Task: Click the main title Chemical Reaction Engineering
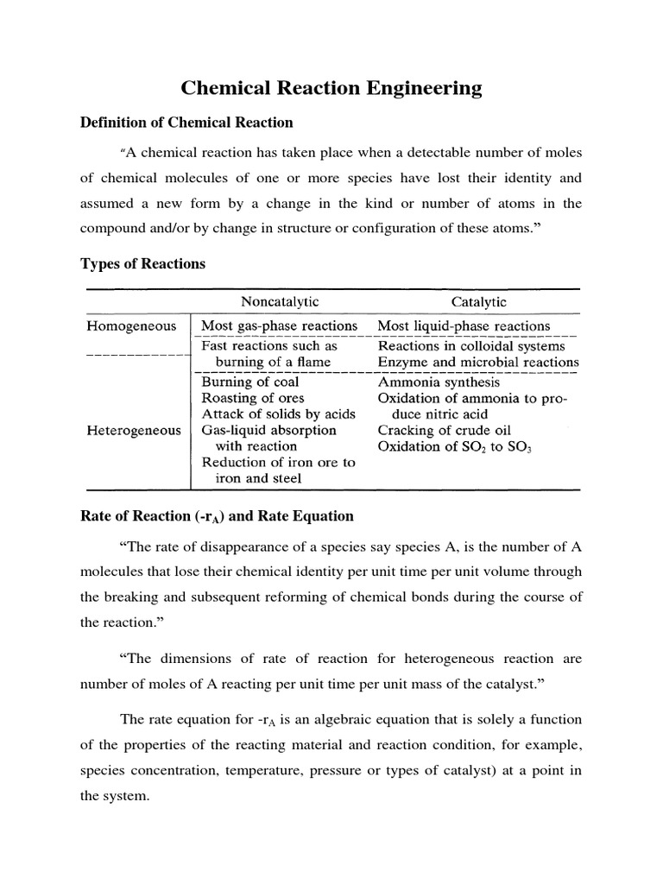click(x=331, y=88)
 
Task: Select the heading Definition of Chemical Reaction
click(x=186, y=123)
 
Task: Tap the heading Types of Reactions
click(x=143, y=263)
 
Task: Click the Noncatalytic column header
click(x=279, y=301)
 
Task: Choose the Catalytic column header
click(x=479, y=301)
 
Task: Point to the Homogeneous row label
click(x=131, y=326)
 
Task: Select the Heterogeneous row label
click(x=134, y=430)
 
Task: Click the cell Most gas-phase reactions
click(x=279, y=326)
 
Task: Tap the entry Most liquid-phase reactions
click(x=464, y=326)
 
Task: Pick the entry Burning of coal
click(x=250, y=382)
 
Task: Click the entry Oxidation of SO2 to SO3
click(x=454, y=446)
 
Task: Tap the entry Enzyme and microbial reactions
click(x=478, y=362)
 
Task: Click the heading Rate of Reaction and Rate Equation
click(x=217, y=516)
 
